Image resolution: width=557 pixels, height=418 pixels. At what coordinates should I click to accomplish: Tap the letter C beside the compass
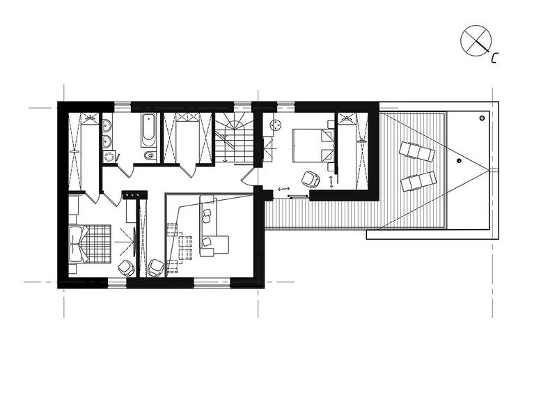(x=494, y=58)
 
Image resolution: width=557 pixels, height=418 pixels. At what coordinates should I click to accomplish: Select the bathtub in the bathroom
(x=148, y=130)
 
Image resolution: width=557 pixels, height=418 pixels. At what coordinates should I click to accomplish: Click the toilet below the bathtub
(x=150, y=155)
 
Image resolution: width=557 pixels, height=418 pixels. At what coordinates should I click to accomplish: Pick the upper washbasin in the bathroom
(x=107, y=125)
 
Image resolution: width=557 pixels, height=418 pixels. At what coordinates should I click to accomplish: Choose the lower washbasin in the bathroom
(x=107, y=141)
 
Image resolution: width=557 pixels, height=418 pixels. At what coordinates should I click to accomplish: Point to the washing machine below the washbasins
(x=110, y=157)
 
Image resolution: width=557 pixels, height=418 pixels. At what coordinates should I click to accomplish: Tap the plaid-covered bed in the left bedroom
(x=90, y=244)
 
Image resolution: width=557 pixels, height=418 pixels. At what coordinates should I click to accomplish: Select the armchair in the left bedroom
(x=126, y=268)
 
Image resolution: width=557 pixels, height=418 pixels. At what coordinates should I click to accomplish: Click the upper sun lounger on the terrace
(x=416, y=151)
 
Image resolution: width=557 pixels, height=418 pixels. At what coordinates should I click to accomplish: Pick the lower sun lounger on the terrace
(x=418, y=181)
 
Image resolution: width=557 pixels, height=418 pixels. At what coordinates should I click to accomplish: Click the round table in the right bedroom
(x=276, y=125)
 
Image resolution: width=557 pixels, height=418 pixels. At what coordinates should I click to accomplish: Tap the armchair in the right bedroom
(x=311, y=179)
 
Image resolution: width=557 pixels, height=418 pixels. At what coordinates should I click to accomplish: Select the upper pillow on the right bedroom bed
(x=327, y=135)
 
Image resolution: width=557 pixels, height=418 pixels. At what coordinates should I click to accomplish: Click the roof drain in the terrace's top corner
(x=482, y=118)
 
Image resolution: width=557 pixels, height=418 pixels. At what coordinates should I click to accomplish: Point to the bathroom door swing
(x=126, y=170)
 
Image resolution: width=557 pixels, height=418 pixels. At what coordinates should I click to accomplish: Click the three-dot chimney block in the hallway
(x=134, y=195)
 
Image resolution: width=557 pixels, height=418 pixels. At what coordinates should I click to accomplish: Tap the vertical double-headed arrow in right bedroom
(x=332, y=182)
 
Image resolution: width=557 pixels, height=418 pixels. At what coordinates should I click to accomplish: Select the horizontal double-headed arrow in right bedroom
(x=284, y=189)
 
